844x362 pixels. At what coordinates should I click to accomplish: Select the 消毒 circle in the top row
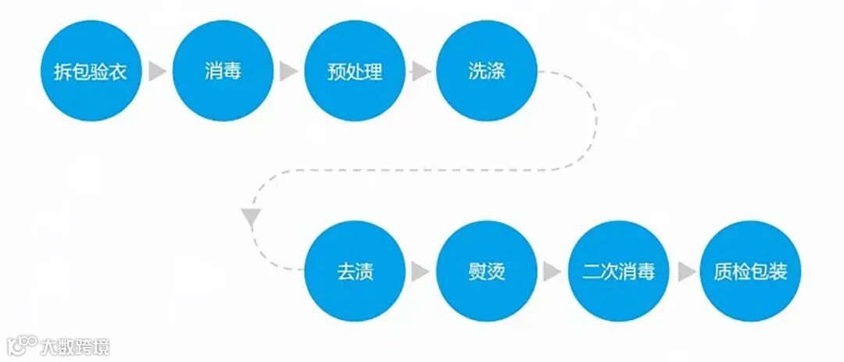click(x=223, y=71)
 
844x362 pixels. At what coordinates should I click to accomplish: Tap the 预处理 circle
click(x=355, y=71)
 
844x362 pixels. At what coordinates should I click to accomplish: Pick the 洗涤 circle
click(x=486, y=71)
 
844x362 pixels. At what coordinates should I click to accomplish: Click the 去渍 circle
click(x=355, y=271)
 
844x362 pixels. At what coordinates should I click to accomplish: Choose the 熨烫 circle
click(x=486, y=271)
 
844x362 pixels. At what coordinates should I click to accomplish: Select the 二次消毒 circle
click(x=618, y=271)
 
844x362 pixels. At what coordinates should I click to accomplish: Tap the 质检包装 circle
click(x=750, y=271)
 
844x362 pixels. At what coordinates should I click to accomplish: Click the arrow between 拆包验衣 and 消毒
click(x=157, y=72)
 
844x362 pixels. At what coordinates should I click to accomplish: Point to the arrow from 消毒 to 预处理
click(x=288, y=72)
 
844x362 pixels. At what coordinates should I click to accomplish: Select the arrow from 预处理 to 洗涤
click(x=420, y=72)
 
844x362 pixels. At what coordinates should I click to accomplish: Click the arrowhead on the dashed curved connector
click(x=251, y=217)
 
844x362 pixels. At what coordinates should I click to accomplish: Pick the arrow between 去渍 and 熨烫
click(x=420, y=271)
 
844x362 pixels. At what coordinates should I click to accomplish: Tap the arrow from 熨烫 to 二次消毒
click(x=553, y=271)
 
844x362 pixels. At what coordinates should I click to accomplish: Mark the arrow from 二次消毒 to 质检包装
click(x=685, y=271)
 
